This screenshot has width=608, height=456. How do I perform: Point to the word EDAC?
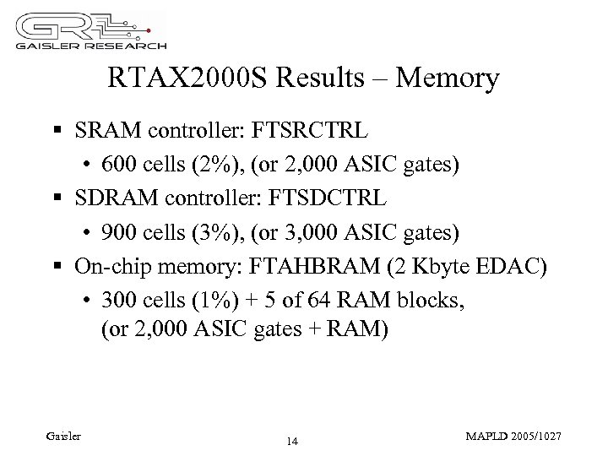518,267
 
